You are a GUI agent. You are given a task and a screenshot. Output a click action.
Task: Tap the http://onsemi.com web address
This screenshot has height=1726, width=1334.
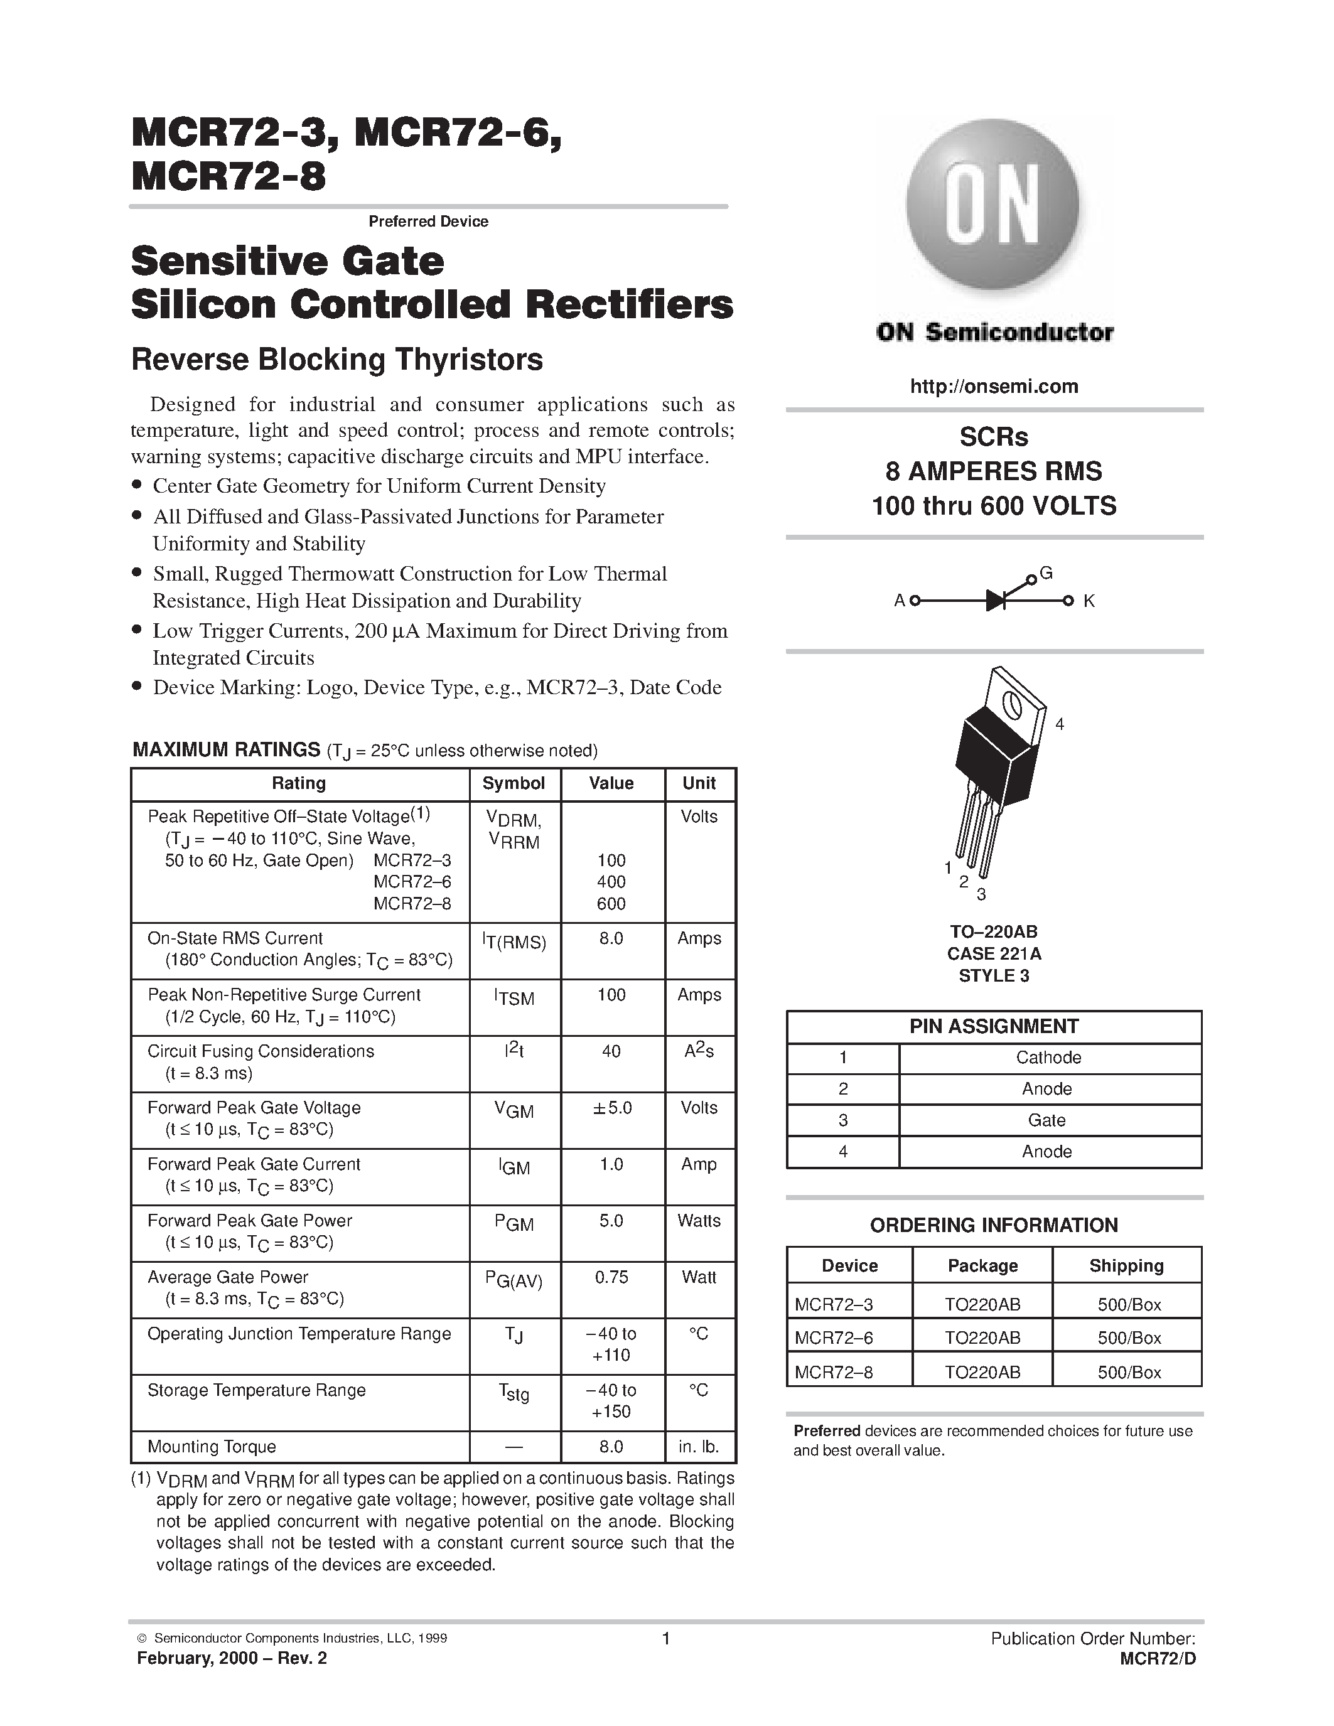(993, 387)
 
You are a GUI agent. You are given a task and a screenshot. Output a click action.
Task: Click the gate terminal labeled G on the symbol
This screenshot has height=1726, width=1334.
(1046, 574)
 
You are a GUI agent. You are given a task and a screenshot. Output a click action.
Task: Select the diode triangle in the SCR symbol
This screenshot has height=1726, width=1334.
(995, 601)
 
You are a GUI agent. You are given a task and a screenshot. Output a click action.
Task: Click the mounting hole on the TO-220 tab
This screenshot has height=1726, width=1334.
(1011, 702)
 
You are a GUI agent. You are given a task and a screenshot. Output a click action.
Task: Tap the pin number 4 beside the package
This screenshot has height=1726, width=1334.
(1060, 724)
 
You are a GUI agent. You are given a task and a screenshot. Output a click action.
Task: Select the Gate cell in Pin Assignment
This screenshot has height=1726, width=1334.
(1046, 1120)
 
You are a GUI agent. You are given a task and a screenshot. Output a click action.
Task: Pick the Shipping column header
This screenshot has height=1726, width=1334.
(1126, 1265)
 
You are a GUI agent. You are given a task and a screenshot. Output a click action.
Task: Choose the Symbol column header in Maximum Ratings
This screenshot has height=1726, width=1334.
(514, 783)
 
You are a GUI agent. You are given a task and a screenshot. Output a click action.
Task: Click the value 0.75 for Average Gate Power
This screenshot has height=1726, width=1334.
(611, 1277)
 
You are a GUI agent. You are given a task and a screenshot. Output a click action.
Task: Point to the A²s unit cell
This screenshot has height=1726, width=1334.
(699, 1052)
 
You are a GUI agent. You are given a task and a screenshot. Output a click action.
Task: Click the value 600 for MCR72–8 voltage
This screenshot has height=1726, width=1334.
(611, 903)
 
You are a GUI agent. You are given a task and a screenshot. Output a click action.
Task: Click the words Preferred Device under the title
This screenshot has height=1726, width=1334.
(428, 222)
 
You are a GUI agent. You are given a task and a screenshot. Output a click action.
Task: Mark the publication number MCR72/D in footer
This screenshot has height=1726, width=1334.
(1158, 1659)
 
